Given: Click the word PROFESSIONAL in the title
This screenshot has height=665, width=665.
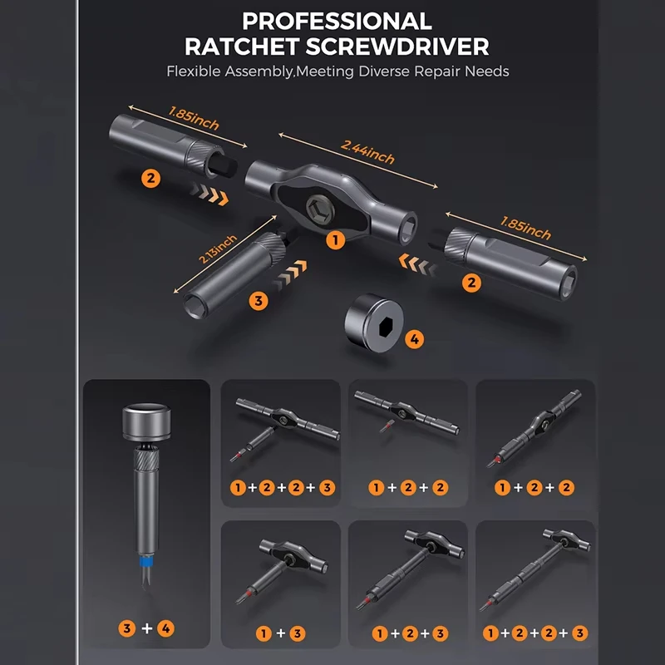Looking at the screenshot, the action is pos(337,22).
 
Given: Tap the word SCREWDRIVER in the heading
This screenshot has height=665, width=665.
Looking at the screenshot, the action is pos(397,47).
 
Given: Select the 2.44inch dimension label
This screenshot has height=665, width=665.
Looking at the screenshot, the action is pos(367,152).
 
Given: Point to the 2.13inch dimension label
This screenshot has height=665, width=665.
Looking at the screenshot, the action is pos(218,249).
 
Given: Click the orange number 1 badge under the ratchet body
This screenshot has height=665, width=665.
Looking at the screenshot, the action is pos(335,240).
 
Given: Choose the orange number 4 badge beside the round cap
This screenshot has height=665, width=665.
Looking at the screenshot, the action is pos(414,339).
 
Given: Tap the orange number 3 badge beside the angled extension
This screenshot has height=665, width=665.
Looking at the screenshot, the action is pos(259,301).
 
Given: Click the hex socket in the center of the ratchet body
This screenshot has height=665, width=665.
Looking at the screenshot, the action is pos(320,209).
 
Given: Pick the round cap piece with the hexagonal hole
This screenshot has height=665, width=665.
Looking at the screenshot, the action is pos(373,323).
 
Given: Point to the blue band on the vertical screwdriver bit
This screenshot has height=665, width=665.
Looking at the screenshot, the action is pos(147,563).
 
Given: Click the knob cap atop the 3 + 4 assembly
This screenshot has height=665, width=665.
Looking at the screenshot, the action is pos(147,422).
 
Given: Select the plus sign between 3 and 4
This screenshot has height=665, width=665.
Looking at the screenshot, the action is pos(147,628).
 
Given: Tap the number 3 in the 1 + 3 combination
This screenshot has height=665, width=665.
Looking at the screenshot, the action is pos(298,633).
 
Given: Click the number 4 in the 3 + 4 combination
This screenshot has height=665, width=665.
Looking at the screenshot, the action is pos(165,628).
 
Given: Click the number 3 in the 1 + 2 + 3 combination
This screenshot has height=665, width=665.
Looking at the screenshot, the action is pos(441,633).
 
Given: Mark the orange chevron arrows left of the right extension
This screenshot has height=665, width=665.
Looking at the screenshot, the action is pos(418,264).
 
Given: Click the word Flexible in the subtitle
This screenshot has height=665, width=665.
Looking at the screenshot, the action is pos(194,71).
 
